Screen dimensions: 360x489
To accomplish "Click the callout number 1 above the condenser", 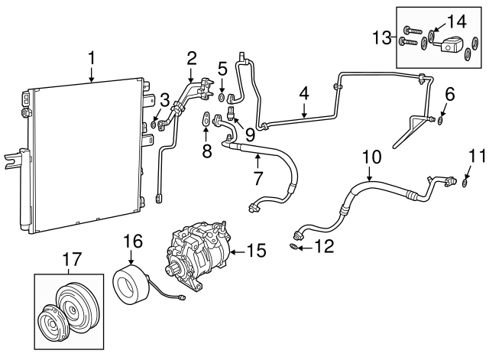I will (92, 57).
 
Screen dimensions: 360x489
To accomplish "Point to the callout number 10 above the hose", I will (371, 157).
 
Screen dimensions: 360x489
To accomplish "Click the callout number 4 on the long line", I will (304, 94).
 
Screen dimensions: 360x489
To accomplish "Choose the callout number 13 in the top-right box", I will (382, 36).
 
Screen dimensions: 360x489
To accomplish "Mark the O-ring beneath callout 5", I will (221, 97).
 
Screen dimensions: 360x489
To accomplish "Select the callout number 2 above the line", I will (191, 57).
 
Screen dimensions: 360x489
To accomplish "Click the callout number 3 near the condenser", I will (164, 99).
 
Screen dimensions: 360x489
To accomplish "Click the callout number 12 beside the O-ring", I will (324, 247).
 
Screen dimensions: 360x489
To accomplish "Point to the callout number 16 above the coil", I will (133, 242).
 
